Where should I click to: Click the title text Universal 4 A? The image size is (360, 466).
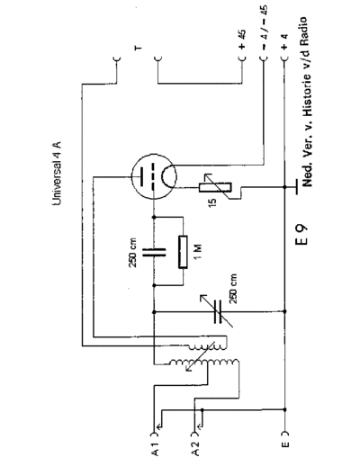57,174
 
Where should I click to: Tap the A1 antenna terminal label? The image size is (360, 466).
155,449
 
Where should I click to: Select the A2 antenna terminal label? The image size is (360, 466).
195,449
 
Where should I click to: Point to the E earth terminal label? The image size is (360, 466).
285,444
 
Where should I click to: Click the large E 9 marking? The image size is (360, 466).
301,235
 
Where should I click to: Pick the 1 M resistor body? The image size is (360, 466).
183,252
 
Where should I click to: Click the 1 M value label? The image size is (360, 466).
198,253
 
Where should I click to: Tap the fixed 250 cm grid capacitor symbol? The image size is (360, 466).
154,253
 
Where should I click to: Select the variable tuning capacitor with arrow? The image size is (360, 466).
218,312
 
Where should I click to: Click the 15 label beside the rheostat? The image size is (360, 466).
212,202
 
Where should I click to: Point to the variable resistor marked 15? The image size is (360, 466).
215,187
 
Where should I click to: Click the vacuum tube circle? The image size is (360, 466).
154,176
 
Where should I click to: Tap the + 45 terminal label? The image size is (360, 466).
243,39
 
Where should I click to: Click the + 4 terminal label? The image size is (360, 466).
285,41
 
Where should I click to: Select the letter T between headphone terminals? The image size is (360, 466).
139,48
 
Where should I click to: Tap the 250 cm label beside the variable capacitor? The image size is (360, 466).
233,289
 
